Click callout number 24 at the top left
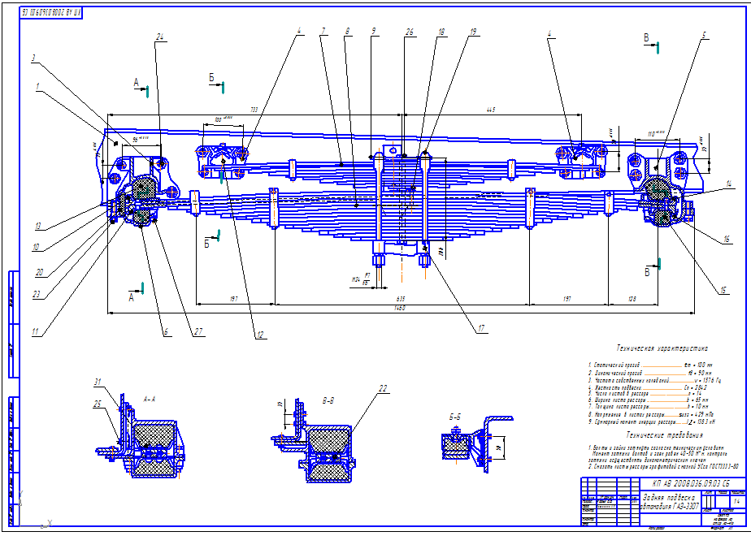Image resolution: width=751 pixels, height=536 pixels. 160,37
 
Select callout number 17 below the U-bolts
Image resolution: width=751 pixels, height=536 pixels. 481,329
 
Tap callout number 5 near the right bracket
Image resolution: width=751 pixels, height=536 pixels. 705,35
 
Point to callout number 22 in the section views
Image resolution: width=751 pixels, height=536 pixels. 383,387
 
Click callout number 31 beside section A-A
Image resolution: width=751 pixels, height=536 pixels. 98,383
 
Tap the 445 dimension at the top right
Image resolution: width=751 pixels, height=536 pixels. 491,108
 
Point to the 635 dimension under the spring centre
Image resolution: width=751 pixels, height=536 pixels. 399,299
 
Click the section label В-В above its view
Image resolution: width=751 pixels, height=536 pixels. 328,400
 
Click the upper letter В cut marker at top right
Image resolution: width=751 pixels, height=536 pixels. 647,37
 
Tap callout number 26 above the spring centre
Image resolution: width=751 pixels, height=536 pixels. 410,32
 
